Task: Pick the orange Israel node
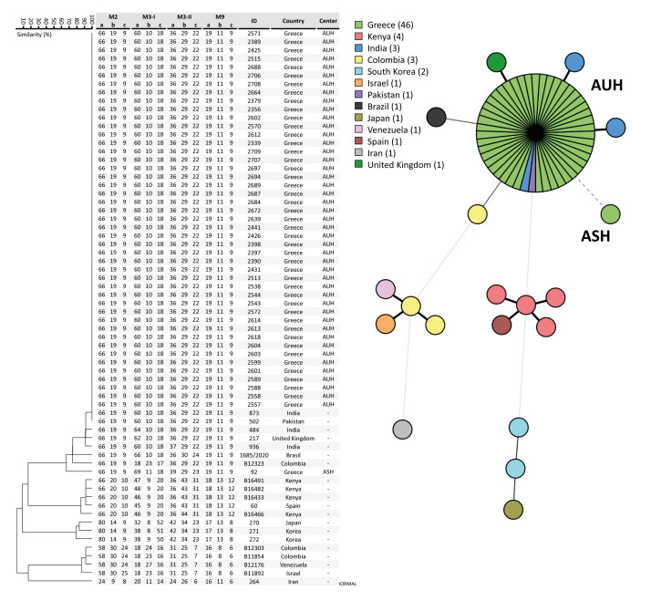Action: tap(385, 323)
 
